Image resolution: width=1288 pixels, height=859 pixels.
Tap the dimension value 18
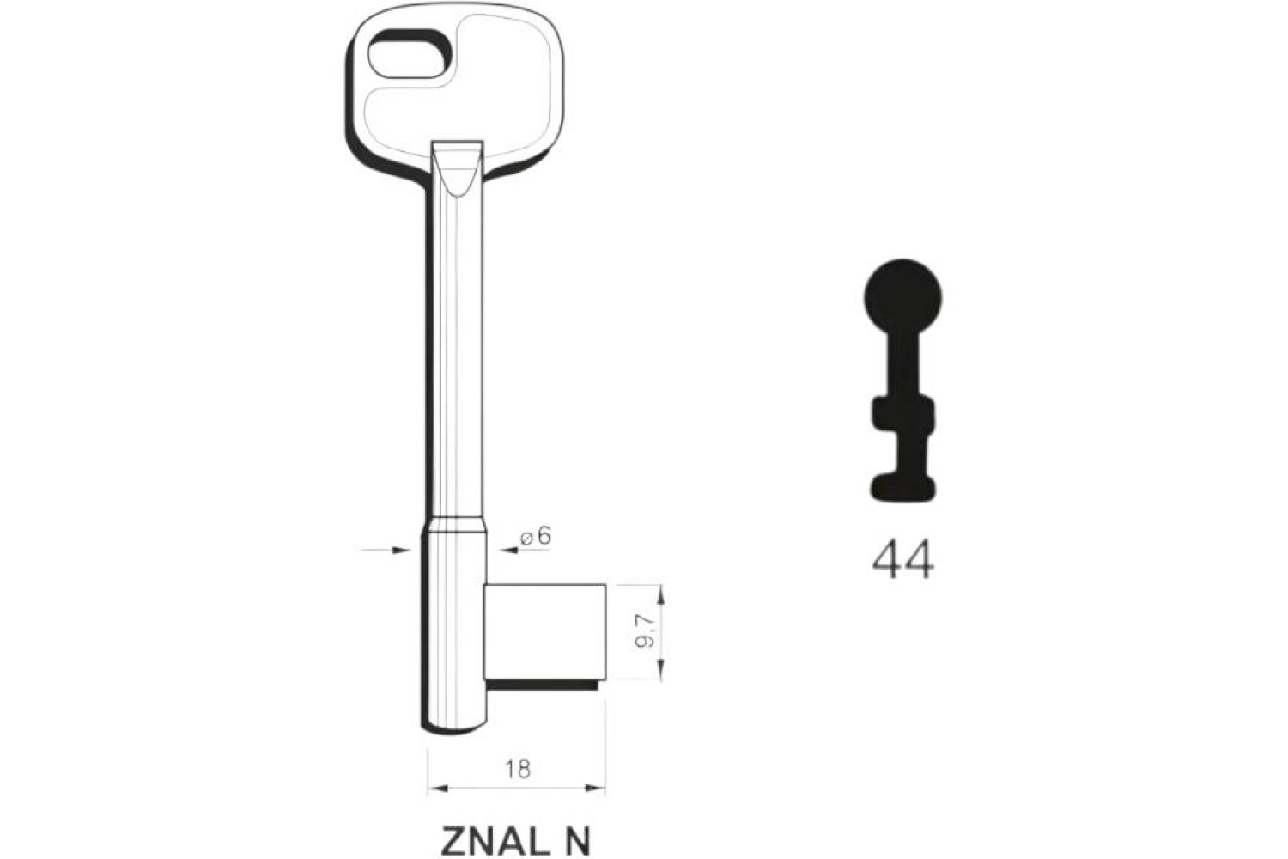point(518,770)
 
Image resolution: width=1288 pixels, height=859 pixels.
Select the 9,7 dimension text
point(645,631)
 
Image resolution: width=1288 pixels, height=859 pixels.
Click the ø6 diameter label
point(536,536)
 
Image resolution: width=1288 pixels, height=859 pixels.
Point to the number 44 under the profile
point(902,560)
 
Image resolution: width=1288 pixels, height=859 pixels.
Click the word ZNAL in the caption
point(492,842)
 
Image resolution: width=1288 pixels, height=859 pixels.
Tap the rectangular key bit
point(544,631)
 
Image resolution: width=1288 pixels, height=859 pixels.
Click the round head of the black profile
point(902,298)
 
